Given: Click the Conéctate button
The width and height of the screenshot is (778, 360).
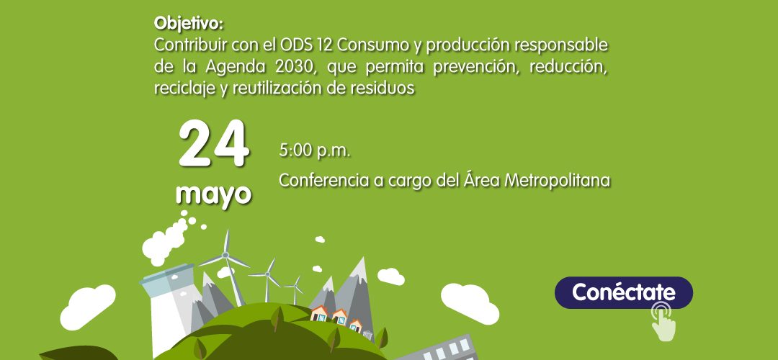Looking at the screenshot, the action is (x=623, y=292).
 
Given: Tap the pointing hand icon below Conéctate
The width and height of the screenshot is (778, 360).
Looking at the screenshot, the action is (x=663, y=323).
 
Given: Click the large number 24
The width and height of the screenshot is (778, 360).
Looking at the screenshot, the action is (x=214, y=144).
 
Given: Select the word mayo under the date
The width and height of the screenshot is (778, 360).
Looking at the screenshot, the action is (x=214, y=194).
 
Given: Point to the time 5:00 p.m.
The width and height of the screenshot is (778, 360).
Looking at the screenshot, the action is (x=315, y=150).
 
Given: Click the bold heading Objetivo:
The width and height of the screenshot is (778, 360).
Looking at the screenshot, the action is (x=189, y=23).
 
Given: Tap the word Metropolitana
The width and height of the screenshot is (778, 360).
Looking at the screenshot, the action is (x=557, y=181).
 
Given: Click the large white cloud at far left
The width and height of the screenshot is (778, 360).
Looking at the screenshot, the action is (x=87, y=307).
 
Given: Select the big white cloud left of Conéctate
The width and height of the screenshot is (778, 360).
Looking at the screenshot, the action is (x=470, y=303).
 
